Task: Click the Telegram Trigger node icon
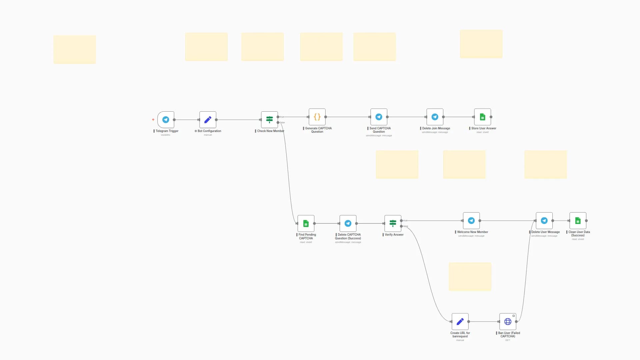(166, 120)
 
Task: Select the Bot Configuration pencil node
(208, 120)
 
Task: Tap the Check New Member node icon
(269, 120)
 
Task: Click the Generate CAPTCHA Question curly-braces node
(317, 117)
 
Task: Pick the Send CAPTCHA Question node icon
(379, 117)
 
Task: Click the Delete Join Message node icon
(435, 117)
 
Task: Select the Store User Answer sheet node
(482, 117)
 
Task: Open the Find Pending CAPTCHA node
(306, 223)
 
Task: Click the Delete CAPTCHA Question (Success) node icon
(348, 223)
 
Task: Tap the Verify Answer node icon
(393, 223)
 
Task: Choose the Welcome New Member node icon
(471, 221)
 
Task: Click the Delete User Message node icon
(544, 221)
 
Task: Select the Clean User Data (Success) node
(578, 221)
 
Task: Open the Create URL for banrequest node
(460, 322)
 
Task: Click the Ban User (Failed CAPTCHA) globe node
(508, 322)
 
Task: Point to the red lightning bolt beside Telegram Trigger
(153, 120)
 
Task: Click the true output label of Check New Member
(282, 117)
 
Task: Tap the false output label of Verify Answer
(406, 226)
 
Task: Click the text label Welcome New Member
(472, 232)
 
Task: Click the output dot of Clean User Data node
(586, 221)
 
